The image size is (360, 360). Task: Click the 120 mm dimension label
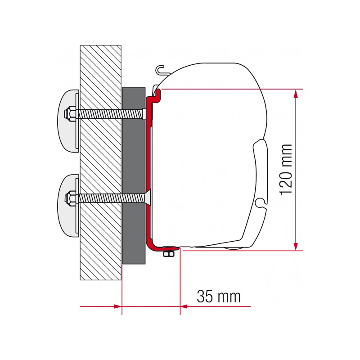click(x=286, y=170)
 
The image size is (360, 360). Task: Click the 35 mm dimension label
click(x=218, y=297)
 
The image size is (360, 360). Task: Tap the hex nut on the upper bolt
click(x=69, y=113)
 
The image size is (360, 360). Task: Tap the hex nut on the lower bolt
click(x=69, y=198)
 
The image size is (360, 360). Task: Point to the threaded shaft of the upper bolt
click(x=109, y=114)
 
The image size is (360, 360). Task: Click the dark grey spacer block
click(x=134, y=175)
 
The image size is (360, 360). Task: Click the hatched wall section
click(x=100, y=162)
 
